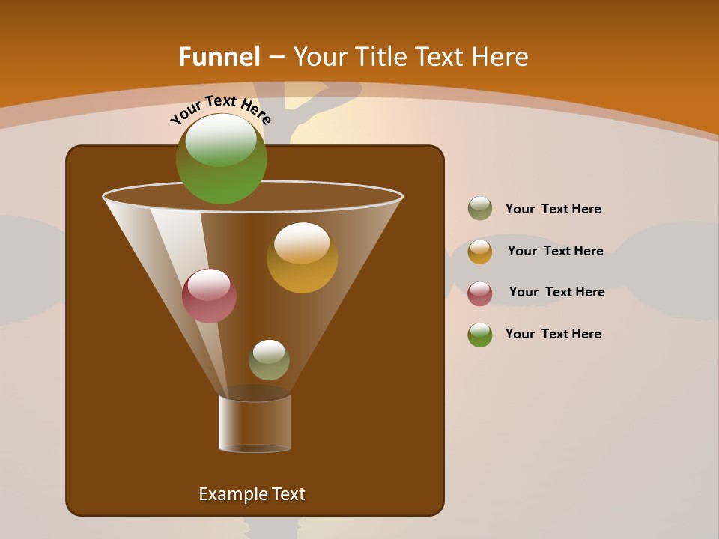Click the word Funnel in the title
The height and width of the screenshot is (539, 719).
coord(219,57)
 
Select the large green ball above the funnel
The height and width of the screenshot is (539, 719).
coord(221,159)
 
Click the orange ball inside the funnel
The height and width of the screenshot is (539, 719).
coord(302,258)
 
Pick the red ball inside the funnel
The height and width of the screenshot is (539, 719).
coord(209,296)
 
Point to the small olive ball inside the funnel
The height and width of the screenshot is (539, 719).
coord(269,360)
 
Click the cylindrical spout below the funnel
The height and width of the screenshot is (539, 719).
coord(255,424)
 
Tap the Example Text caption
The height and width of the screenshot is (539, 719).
coord(252,494)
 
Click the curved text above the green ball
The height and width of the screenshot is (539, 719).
coord(220,109)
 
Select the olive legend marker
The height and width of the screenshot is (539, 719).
coord(480,209)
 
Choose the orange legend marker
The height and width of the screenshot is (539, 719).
coord(480,252)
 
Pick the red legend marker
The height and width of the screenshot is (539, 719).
coord(480,293)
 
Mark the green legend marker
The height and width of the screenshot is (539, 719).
coord(480,335)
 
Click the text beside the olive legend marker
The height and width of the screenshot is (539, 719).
coord(553,209)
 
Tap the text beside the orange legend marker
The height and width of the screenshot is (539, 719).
coord(555,251)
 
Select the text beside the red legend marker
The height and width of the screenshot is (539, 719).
coord(556,292)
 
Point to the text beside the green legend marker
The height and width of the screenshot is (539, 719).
coord(553,334)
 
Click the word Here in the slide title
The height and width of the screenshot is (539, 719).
coord(501,57)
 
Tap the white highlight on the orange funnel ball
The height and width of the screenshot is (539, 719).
coord(302,243)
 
